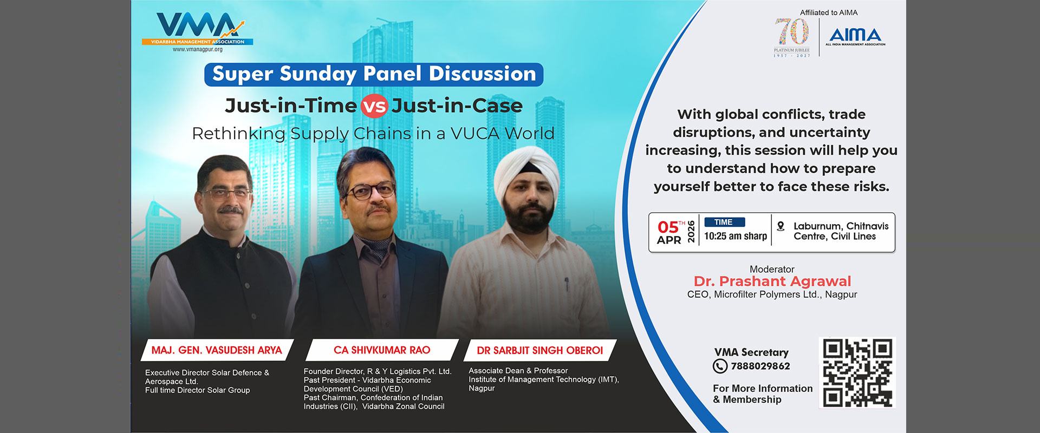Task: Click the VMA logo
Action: coord(198,29)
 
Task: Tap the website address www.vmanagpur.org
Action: coord(198,49)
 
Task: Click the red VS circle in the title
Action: coord(374,106)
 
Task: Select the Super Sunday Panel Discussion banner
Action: coord(374,74)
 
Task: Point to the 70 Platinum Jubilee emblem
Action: coord(792,37)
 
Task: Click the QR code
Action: coord(857,372)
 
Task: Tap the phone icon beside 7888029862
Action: coord(720,366)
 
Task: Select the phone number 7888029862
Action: coord(760,366)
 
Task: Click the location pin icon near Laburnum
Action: coord(781,226)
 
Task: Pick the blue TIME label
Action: coord(724,222)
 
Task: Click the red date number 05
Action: coord(668,227)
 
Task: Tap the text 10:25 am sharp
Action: coord(736,236)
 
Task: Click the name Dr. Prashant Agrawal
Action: coord(772,281)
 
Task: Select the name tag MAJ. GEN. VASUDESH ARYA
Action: coord(217,350)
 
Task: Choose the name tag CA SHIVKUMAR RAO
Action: coord(382,350)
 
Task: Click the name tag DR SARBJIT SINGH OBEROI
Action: coord(540,350)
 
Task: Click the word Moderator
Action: coord(772,269)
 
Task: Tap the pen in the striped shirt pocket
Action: coord(567,284)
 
